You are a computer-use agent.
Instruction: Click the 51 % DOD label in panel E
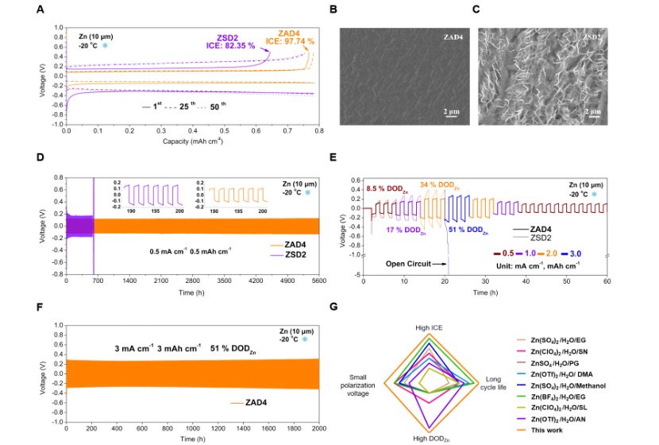(464, 230)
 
